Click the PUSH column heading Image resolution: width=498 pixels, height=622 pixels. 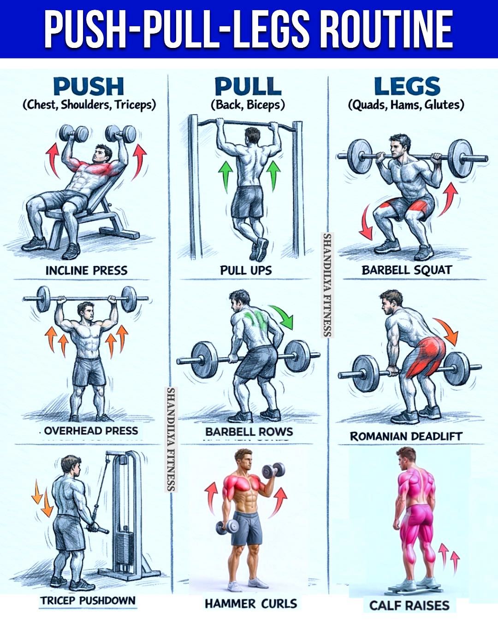pos(89,86)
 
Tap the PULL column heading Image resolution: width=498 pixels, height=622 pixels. pos(248,86)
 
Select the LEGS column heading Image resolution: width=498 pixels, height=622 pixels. pos(407,86)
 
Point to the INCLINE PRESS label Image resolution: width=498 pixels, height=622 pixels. pos(87,271)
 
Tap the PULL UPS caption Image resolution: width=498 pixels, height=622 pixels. pos(246,270)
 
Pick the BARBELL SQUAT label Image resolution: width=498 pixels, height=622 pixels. pos(407,270)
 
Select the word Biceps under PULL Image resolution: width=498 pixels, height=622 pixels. pos(266,105)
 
